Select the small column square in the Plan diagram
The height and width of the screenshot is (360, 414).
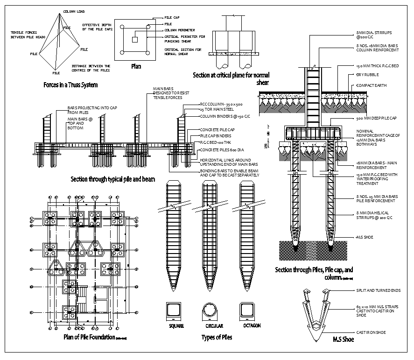point(135,40)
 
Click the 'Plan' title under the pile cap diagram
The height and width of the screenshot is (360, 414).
point(135,66)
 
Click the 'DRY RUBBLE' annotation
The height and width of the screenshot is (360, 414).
point(367,75)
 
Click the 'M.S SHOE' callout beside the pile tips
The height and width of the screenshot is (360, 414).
point(365,237)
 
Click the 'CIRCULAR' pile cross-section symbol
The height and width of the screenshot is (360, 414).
point(211,311)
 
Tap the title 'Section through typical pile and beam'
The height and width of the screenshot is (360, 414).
point(112,179)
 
